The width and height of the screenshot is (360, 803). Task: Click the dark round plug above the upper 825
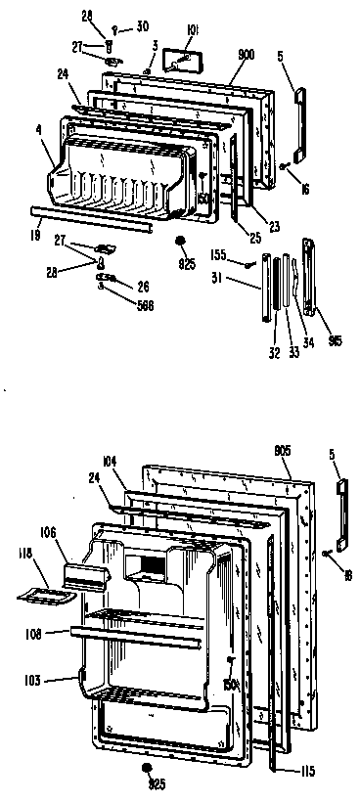point(180,241)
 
